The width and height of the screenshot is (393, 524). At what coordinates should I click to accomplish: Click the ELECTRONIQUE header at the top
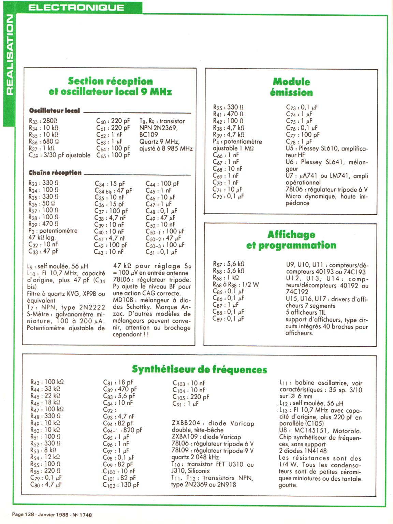coord(76,8)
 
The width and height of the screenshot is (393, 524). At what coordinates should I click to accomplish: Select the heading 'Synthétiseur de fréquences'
coord(199,370)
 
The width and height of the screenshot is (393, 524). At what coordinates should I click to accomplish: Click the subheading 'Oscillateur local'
coord(55,111)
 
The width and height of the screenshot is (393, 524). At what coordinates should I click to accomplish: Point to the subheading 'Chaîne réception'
coord(55,173)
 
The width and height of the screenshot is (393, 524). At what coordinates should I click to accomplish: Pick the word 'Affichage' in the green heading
coord(291,235)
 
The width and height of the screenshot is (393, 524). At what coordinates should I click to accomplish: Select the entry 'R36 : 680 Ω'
coord(44,142)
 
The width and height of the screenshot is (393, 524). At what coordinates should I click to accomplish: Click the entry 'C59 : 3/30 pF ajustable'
coord(60,155)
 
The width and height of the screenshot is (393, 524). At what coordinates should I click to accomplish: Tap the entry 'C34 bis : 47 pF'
coord(113,191)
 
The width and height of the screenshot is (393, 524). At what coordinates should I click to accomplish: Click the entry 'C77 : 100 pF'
coord(303,135)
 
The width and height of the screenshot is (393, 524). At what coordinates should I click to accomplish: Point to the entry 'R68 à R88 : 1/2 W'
coord(236,285)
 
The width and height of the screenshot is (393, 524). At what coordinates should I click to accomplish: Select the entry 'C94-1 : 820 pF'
coord(122,430)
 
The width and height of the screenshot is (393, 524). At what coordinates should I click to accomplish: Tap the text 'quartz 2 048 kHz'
coord(195,457)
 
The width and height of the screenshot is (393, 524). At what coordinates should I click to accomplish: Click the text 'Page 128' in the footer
coord(23,515)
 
